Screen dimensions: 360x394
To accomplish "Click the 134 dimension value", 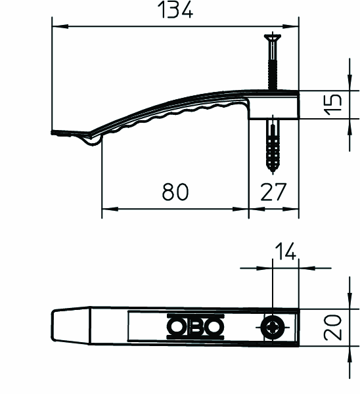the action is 175,10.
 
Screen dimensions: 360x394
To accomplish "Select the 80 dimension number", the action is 175,192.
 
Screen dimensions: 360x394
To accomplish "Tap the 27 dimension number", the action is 273,192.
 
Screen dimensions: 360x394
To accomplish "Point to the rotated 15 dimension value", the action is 334,104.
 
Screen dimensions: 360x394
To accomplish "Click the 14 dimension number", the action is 286,252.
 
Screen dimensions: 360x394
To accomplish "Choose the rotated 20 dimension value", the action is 333,328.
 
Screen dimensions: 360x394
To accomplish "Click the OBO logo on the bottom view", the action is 195,326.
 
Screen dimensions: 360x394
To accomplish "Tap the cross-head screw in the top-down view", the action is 273,328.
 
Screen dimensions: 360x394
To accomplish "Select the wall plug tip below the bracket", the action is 273,170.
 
